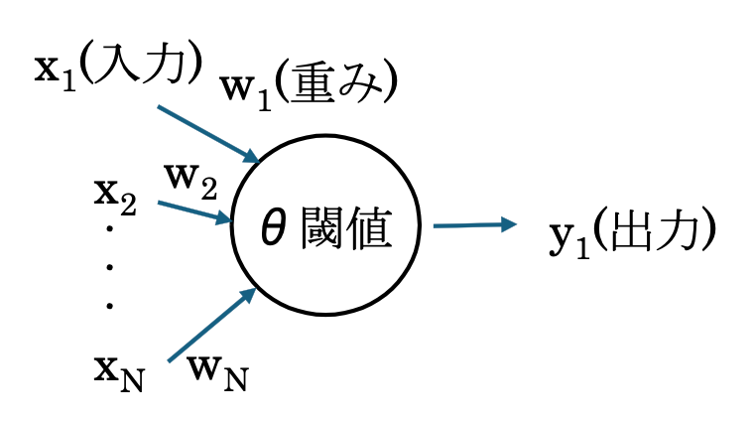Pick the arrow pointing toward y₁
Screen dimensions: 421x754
(x=474, y=225)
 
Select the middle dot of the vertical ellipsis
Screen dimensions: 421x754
(x=109, y=269)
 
